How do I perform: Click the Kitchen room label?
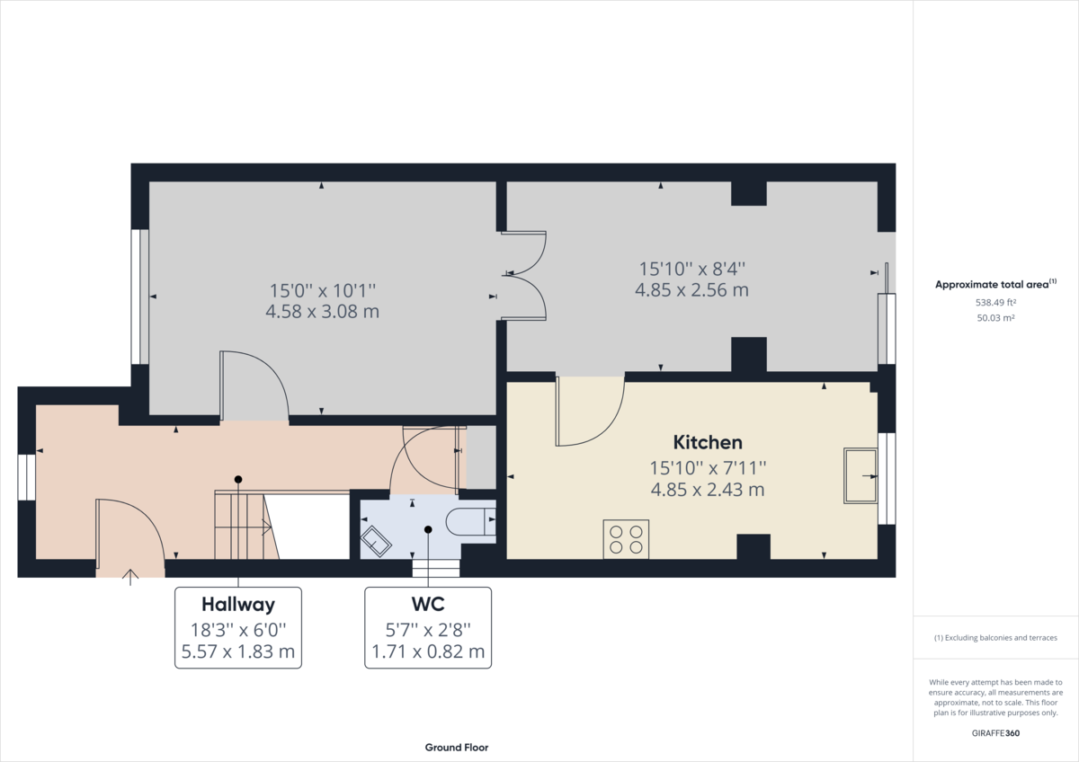(707, 442)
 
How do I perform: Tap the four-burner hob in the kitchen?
(626, 539)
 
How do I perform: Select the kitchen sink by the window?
(861, 476)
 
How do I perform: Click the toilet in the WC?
(470, 521)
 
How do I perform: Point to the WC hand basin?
(376, 542)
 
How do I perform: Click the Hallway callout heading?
(238, 604)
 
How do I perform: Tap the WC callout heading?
(428, 604)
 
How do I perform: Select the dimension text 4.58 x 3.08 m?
(322, 312)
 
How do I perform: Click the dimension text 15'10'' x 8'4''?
(691, 269)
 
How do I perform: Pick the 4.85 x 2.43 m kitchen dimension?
(707, 490)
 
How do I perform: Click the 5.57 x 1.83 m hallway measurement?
(238, 651)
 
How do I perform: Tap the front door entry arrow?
(130, 577)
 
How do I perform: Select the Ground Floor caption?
(456, 748)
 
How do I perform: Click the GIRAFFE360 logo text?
(995, 733)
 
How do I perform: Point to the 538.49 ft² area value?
(995, 302)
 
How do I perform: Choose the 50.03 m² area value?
(995, 318)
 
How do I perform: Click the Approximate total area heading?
(995, 284)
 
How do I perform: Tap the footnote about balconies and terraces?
(995, 638)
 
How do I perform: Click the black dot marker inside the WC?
(428, 529)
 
